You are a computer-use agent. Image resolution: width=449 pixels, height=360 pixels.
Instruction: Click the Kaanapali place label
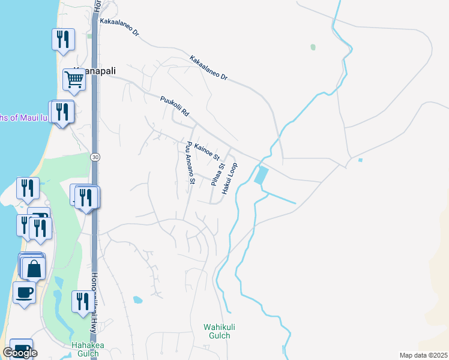click(x=95, y=70)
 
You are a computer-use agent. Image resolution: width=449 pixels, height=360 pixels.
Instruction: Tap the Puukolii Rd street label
click(x=175, y=106)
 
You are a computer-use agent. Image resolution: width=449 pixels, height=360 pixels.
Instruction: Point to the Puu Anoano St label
click(x=190, y=163)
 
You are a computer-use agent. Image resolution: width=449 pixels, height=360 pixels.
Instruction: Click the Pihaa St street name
click(x=217, y=175)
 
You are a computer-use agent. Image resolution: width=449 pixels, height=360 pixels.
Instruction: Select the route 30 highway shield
click(x=95, y=157)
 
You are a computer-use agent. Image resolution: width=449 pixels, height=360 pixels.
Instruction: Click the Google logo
click(x=20, y=353)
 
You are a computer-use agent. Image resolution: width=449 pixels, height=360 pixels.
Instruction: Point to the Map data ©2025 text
click(x=424, y=355)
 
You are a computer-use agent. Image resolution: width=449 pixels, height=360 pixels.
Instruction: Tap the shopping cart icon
click(x=74, y=79)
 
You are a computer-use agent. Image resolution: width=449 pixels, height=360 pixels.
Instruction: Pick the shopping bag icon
click(x=34, y=268)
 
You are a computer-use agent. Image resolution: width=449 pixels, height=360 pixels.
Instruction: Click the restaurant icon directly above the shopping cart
click(x=63, y=39)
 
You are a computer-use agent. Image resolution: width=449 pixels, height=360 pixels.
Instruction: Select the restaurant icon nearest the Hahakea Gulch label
click(x=82, y=301)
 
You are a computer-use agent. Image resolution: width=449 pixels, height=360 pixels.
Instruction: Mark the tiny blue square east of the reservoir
click(x=360, y=160)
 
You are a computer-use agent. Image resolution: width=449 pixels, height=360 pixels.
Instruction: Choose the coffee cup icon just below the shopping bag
click(x=24, y=293)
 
